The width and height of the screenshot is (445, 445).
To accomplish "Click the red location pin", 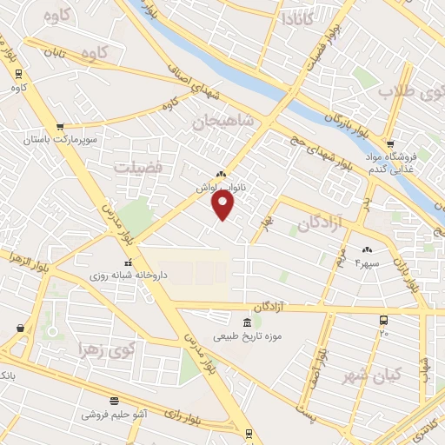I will click(x=223, y=205).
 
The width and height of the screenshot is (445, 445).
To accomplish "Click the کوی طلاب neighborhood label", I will click(x=409, y=90).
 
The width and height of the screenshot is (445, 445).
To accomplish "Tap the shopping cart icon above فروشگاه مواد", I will click(x=391, y=144).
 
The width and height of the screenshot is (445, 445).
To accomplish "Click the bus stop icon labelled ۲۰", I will click(x=384, y=321).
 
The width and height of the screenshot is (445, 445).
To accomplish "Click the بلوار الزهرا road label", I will click(x=17, y=258).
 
